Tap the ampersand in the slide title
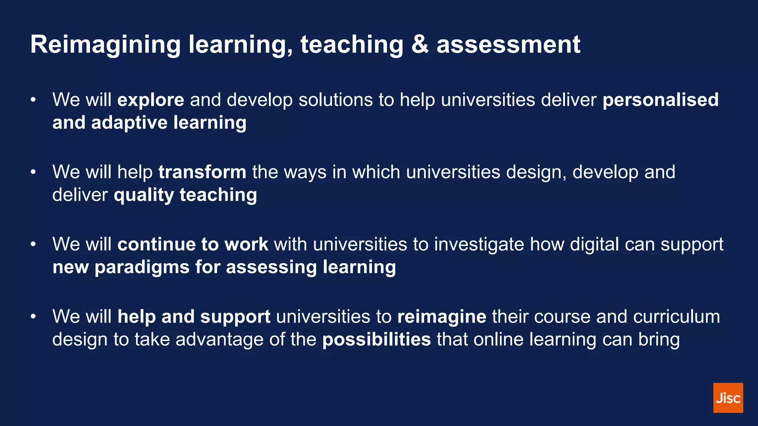[x=420, y=45]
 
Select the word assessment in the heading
[x=508, y=45]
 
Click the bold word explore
[x=151, y=100]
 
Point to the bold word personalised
[x=660, y=100]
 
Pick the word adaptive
[x=129, y=123]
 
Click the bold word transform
[x=202, y=172]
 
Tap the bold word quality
[x=144, y=195]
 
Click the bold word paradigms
[x=142, y=267]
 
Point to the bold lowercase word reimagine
[x=442, y=317]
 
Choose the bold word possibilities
[x=376, y=339]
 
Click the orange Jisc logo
[x=728, y=398]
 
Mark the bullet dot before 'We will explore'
[x=33, y=100]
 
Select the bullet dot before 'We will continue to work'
[x=33, y=244]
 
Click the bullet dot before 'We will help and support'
[x=33, y=317]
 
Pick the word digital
[x=594, y=244]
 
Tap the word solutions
[x=335, y=100]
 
